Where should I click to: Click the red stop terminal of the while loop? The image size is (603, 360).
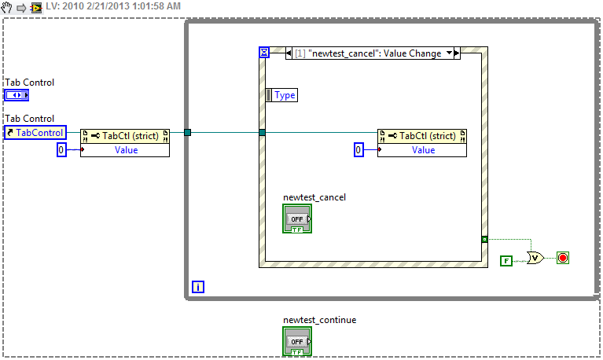coord(562,257)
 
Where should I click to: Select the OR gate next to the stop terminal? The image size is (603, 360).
coord(535,257)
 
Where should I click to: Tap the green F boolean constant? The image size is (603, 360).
coord(506,259)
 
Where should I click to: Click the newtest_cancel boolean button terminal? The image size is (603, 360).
coord(297,219)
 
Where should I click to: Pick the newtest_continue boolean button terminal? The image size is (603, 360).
coord(297,341)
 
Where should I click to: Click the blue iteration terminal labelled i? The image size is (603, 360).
coord(197,287)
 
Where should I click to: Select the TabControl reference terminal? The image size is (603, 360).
coord(35,133)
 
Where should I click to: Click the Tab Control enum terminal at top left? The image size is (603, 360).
coord(17,95)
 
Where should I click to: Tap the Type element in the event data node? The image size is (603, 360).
coord(282,95)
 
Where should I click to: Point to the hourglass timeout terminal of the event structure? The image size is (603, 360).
coord(264,53)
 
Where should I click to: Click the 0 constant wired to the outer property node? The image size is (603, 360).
coord(61,149)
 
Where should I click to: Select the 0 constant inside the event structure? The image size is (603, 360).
coord(358,149)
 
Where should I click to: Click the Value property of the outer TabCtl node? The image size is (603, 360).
coord(126,149)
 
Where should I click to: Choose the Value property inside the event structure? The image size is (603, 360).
coord(423,149)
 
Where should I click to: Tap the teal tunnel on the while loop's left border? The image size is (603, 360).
coord(187,132)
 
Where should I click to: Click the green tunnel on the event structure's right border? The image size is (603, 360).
coord(484,238)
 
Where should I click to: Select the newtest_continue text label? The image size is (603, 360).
coord(314,320)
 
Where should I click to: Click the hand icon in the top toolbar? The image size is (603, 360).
coord(7,6)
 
